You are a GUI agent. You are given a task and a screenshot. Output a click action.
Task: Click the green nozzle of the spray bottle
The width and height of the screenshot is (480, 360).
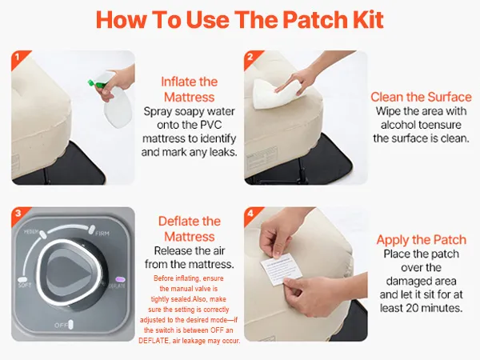93,82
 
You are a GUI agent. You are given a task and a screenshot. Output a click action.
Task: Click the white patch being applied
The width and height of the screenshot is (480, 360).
280,269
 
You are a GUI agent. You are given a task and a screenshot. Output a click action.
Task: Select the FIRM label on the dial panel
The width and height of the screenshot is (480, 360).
102,234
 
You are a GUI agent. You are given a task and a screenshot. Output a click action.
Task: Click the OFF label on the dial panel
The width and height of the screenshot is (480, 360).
61,325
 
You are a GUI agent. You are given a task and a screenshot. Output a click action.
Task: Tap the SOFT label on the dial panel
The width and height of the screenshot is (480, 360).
25,286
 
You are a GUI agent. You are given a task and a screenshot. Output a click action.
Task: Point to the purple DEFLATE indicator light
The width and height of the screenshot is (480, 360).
120,279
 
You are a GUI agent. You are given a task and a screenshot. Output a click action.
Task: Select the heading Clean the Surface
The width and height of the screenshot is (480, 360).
421,97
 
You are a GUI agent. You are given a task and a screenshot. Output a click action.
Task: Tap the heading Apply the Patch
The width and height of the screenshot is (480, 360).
422,240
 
